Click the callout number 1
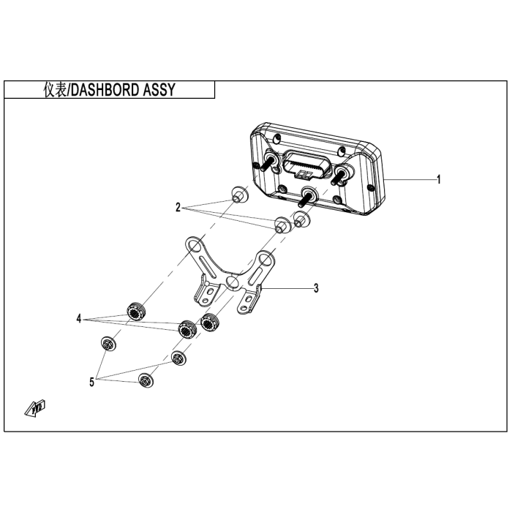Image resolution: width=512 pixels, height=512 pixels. point(439,180)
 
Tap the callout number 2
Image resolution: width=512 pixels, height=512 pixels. point(178,208)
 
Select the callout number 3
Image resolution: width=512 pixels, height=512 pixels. point(316,288)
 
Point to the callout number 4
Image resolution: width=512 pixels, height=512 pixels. point(79,319)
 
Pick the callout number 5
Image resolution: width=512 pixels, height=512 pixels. point(92,381)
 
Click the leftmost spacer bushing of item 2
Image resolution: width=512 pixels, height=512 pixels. point(237,195)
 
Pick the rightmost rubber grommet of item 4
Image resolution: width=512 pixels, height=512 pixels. point(211,320)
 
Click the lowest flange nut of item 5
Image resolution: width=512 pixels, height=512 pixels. point(144,379)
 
